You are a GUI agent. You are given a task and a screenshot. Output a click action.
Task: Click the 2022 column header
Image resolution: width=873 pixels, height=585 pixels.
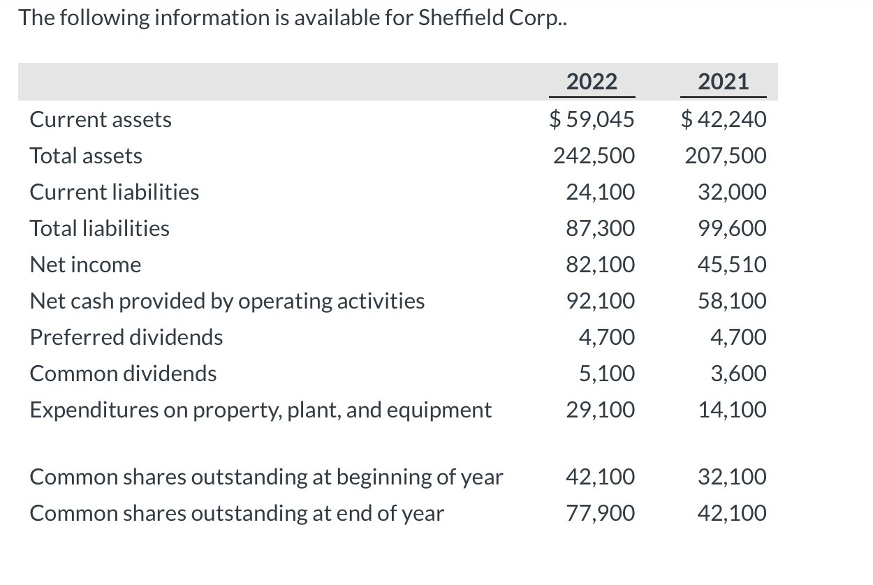(x=592, y=82)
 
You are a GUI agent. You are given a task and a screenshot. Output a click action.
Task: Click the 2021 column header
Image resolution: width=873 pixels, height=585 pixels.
(x=723, y=82)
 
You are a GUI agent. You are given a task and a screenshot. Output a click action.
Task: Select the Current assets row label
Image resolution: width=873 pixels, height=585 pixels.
(x=101, y=119)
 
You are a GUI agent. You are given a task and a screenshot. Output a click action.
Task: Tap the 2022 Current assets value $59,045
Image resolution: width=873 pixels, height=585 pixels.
(x=592, y=119)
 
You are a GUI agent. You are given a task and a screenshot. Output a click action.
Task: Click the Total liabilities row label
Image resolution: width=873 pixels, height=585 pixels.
(x=99, y=228)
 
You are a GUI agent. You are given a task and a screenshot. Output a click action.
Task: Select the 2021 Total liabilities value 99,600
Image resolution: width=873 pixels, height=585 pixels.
(x=731, y=228)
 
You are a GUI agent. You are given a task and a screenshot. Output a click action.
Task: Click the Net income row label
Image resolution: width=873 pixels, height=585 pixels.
(x=85, y=265)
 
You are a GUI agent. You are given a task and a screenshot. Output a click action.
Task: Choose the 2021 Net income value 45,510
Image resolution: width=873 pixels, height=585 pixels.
(x=731, y=265)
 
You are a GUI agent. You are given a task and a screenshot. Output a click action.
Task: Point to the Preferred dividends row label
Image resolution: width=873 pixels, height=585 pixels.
(x=126, y=337)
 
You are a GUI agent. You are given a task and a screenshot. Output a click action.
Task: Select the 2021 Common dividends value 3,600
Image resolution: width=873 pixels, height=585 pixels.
(x=738, y=373)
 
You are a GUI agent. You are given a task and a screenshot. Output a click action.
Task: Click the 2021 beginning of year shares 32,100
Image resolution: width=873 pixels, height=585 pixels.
(x=731, y=477)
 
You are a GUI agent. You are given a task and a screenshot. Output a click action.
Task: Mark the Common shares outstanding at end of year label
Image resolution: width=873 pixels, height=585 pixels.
(x=236, y=513)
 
